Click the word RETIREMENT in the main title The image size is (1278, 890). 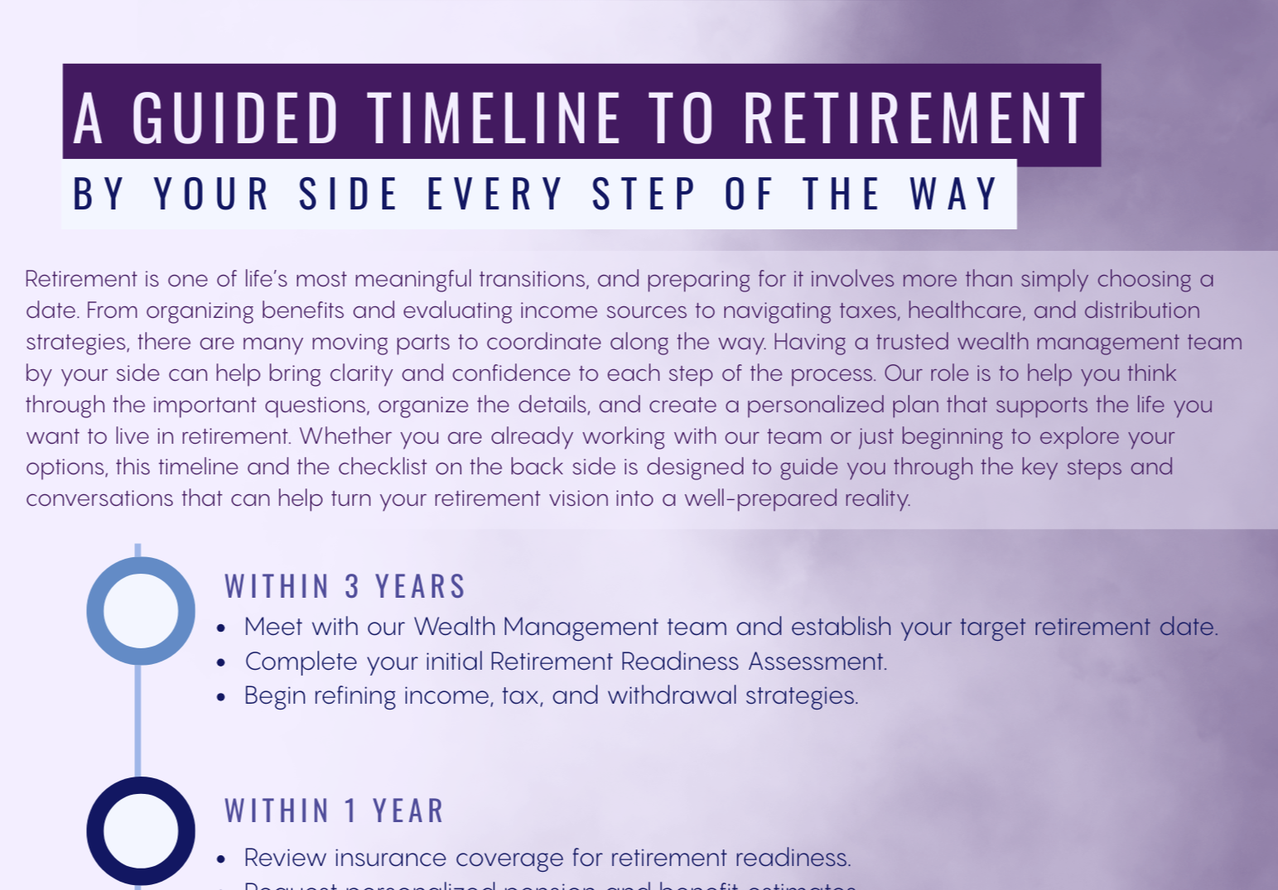tap(914, 118)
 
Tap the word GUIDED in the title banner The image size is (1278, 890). tap(235, 118)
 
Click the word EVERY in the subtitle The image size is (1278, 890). tap(494, 195)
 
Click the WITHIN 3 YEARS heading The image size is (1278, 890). tap(345, 586)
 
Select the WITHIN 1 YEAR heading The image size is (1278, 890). tap(334, 811)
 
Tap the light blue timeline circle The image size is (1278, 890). tap(141, 611)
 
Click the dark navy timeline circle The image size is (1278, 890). tap(141, 830)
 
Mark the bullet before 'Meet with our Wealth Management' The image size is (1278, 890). tap(221, 628)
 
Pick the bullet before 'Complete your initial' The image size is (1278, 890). tap(221, 663)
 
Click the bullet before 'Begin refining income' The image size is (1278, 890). tap(221, 697)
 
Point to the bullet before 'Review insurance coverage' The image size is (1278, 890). tap(221, 859)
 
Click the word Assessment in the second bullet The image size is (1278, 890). tap(817, 661)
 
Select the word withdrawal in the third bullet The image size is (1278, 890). tap(672, 695)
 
